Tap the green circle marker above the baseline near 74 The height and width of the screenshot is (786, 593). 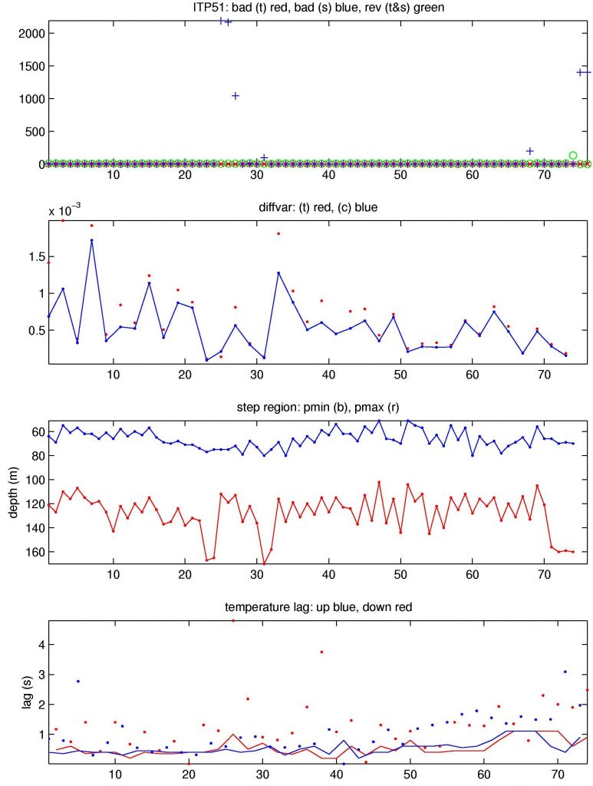pos(572,155)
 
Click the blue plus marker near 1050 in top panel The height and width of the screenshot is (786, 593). pos(236,96)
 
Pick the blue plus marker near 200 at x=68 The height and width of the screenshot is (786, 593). pos(529,151)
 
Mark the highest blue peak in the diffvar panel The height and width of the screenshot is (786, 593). pos(91,240)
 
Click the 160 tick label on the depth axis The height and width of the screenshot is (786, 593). pos(31,552)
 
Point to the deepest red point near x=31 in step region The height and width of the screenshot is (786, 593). pos(265,563)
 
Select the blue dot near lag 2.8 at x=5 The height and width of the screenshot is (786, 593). pos(77,681)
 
